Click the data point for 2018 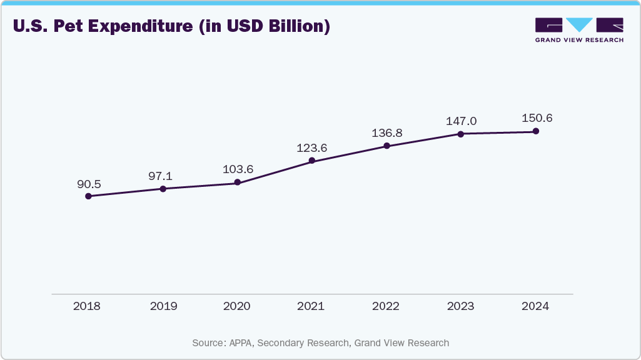(x=88, y=196)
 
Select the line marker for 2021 (x=312, y=161)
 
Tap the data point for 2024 (x=535, y=131)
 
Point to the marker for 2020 (x=238, y=182)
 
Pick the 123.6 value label (x=312, y=148)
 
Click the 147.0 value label (x=461, y=121)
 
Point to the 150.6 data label (x=536, y=118)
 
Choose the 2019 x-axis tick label (x=163, y=306)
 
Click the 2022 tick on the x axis (x=386, y=306)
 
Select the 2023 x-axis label (x=460, y=306)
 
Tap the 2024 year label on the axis (x=535, y=306)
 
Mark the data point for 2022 (x=386, y=146)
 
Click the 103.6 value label (x=238, y=169)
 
